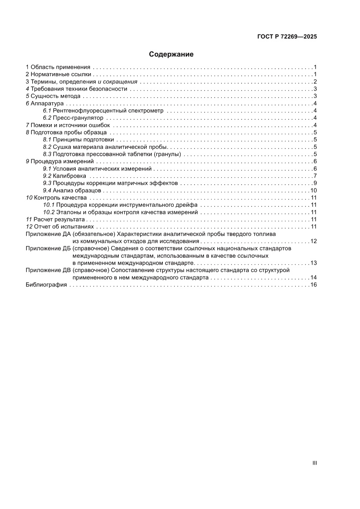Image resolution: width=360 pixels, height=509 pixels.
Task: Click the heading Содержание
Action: click(x=171, y=54)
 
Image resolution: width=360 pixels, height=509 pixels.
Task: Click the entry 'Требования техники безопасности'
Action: click(x=79, y=89)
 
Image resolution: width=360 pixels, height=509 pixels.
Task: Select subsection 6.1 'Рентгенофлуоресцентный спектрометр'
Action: click(x=108, y=111)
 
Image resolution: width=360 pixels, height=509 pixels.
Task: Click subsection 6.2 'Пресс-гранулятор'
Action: click(x=78, y=118)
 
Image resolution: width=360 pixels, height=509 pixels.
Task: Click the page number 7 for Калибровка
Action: click(x=314, y=176)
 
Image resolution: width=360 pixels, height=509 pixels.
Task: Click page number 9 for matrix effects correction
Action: click(x=314, y=183)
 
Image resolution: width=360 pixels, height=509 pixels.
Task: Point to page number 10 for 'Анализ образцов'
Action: click(x=313, y=191)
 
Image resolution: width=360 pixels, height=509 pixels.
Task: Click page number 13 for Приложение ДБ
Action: click(x=313, y=263)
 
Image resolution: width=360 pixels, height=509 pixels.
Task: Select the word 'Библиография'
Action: click(x=46, y=285)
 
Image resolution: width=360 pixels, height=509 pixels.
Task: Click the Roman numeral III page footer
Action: click(x=314, y=463)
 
